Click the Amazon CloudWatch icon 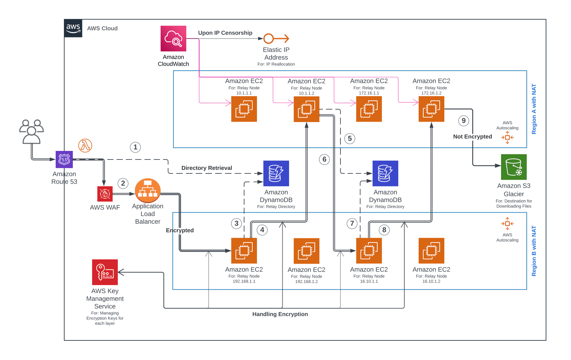point(173,39)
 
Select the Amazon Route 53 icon point(64,159)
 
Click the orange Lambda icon point(85,146)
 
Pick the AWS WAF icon point(105,194)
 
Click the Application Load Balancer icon point(148,191)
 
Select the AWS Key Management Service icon point(105,272)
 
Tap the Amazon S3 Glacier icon point(514,167)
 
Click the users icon point(31,132)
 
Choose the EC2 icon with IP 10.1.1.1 point(244,109)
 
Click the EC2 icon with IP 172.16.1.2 point(431,109)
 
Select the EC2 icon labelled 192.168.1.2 point(307,251)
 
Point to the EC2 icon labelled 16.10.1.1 point(369,251)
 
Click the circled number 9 point(464,121)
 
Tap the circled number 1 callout point(135,147)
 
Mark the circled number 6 point(324,159)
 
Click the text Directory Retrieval point(207,168)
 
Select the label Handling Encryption point(280,314)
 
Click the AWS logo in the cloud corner point(73,28)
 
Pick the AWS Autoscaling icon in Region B point(507,224)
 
